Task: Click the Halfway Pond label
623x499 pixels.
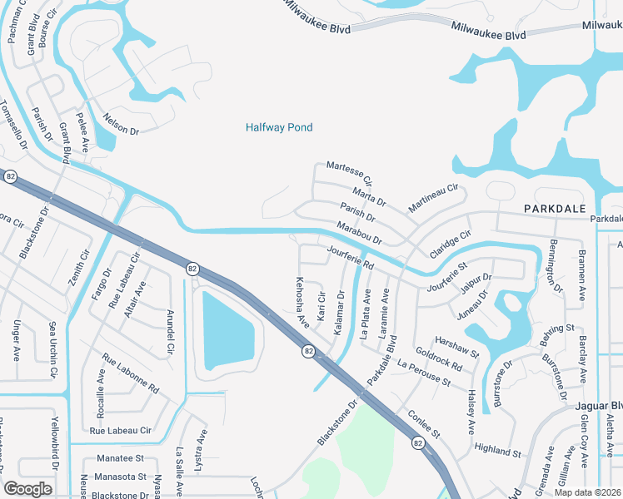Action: (x=279, y=127)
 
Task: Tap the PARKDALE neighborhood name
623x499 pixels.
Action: (x=554, y=208)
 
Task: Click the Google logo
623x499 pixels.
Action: (x=28, y=488)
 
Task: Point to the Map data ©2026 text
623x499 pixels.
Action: (x=588, y=492)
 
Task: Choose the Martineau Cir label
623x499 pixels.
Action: (x=434, y=198)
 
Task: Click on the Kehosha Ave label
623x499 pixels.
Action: (x=302, y=300)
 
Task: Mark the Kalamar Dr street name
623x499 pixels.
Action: (x=340, y=313)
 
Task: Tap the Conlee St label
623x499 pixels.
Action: (x=422, y=420)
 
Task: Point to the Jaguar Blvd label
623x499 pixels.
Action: (x=599, y=405)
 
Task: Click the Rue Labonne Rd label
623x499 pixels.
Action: (x=130, y=373)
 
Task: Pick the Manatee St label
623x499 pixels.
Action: (x=120, y=458)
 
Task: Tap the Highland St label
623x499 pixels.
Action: (x=496, y=449)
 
